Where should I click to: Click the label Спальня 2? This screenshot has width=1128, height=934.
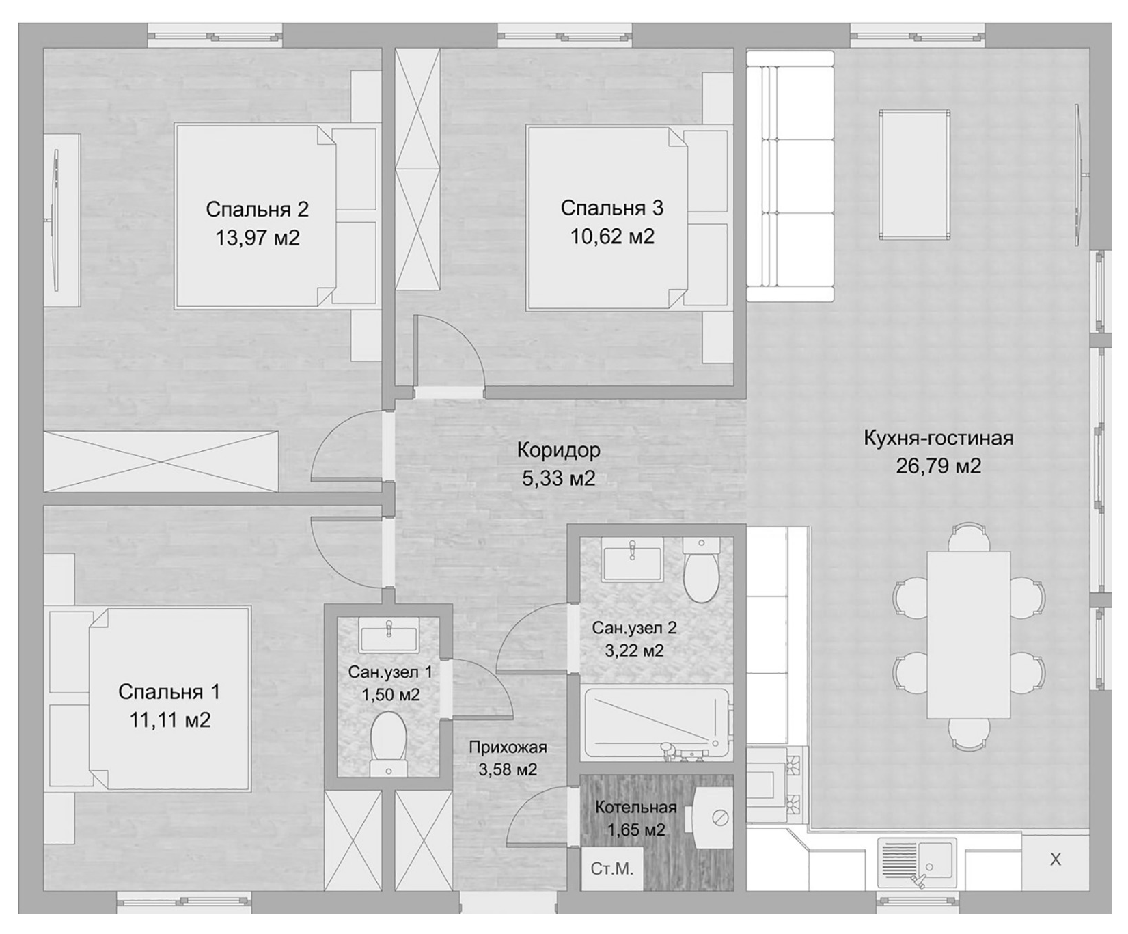coord(257,208)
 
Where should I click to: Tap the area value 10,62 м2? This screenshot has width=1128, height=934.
coord(612,236)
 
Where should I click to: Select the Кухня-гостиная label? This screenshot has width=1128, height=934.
coord(938,438)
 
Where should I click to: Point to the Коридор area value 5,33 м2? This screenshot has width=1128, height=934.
coord(558,478)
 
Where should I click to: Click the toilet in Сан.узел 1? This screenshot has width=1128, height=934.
coord(389,745)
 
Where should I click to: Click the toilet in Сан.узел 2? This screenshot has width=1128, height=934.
coord(700,570)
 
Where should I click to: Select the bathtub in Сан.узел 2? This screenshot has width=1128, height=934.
coord(657,724)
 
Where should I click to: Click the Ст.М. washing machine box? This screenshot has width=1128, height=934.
coord(612,869)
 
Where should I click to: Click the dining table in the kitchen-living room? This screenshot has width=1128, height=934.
coord(969,635)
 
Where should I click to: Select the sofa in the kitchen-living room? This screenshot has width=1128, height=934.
coord(790,176)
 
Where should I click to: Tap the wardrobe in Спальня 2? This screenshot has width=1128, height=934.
coord(161,461)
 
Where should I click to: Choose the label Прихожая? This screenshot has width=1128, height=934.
coord(508,747)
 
